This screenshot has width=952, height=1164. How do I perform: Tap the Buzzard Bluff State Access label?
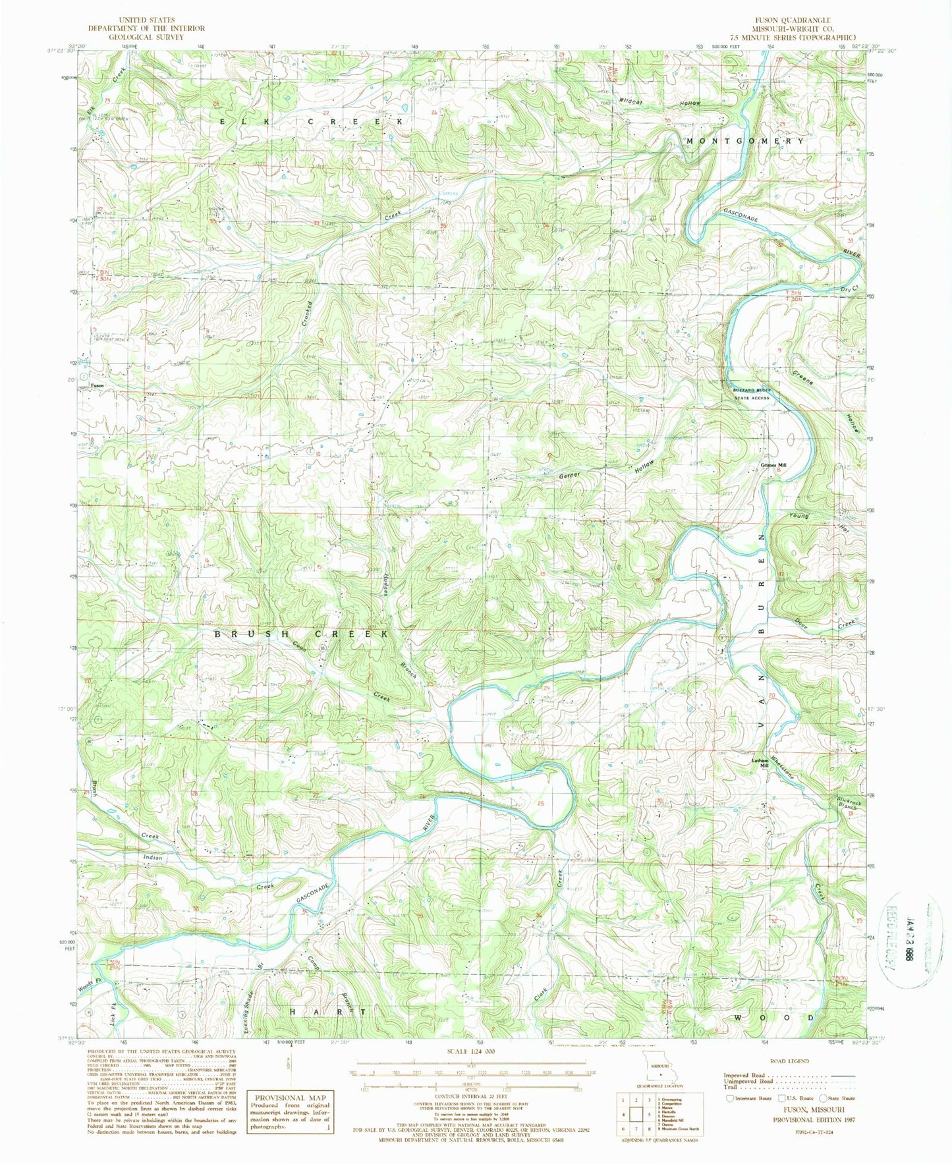tap(752, 394)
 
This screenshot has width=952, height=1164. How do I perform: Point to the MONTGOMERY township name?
tap(745, 141)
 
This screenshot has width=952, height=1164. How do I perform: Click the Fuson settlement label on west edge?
tap(98, 385)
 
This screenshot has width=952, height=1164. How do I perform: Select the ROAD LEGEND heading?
tap(790, 1061)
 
